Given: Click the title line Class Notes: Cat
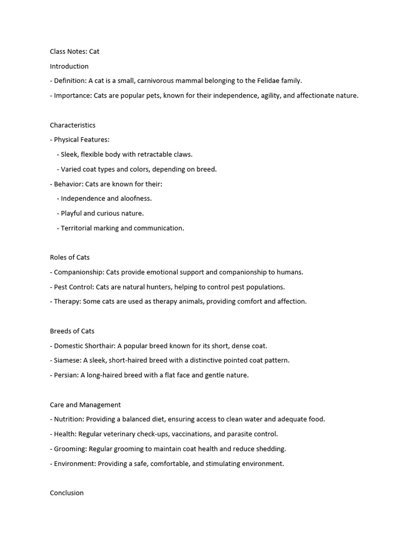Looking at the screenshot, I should coord(75,52).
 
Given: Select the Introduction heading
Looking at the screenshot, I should coord(69,66).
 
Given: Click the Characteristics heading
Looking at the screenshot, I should coord(73,125).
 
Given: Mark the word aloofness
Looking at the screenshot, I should coord(134,199).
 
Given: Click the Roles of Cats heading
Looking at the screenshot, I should coord(70,257).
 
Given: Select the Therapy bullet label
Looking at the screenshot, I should coord(67,301).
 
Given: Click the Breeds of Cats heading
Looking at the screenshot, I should coord(72,331).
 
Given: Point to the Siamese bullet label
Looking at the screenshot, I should coord(67,361).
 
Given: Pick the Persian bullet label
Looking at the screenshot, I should coord(66,375).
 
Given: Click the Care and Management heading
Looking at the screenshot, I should coord(86,405).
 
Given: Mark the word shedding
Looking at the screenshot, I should coord(271,449).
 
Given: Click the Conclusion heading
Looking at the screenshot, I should coord(67,493).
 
